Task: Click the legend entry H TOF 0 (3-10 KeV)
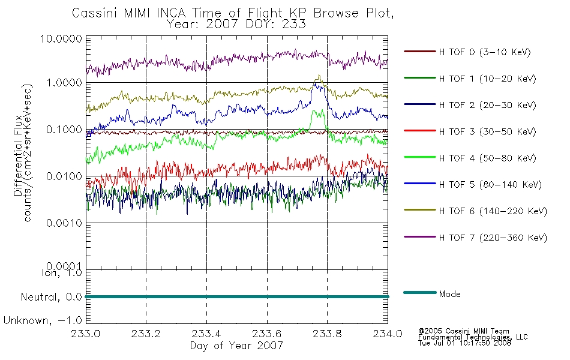pos(467,52)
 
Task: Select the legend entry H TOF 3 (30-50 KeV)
pos(470,131)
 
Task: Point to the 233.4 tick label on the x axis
pos(206,334)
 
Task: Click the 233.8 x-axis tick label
pos(327,334)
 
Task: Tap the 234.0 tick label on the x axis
pos(388,334)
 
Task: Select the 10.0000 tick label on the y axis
pos(61,38)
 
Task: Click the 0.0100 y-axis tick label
pos(64,176)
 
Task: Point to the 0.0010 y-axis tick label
pos(64,223)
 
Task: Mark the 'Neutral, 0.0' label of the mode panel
pos(51,297)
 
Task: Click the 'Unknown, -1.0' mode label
pos(43,320)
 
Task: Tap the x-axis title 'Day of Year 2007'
pos(236,346)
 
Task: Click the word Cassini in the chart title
pos(95,13)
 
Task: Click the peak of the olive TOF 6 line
pos(319,75)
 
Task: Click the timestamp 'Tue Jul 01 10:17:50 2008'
pos(464,343)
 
